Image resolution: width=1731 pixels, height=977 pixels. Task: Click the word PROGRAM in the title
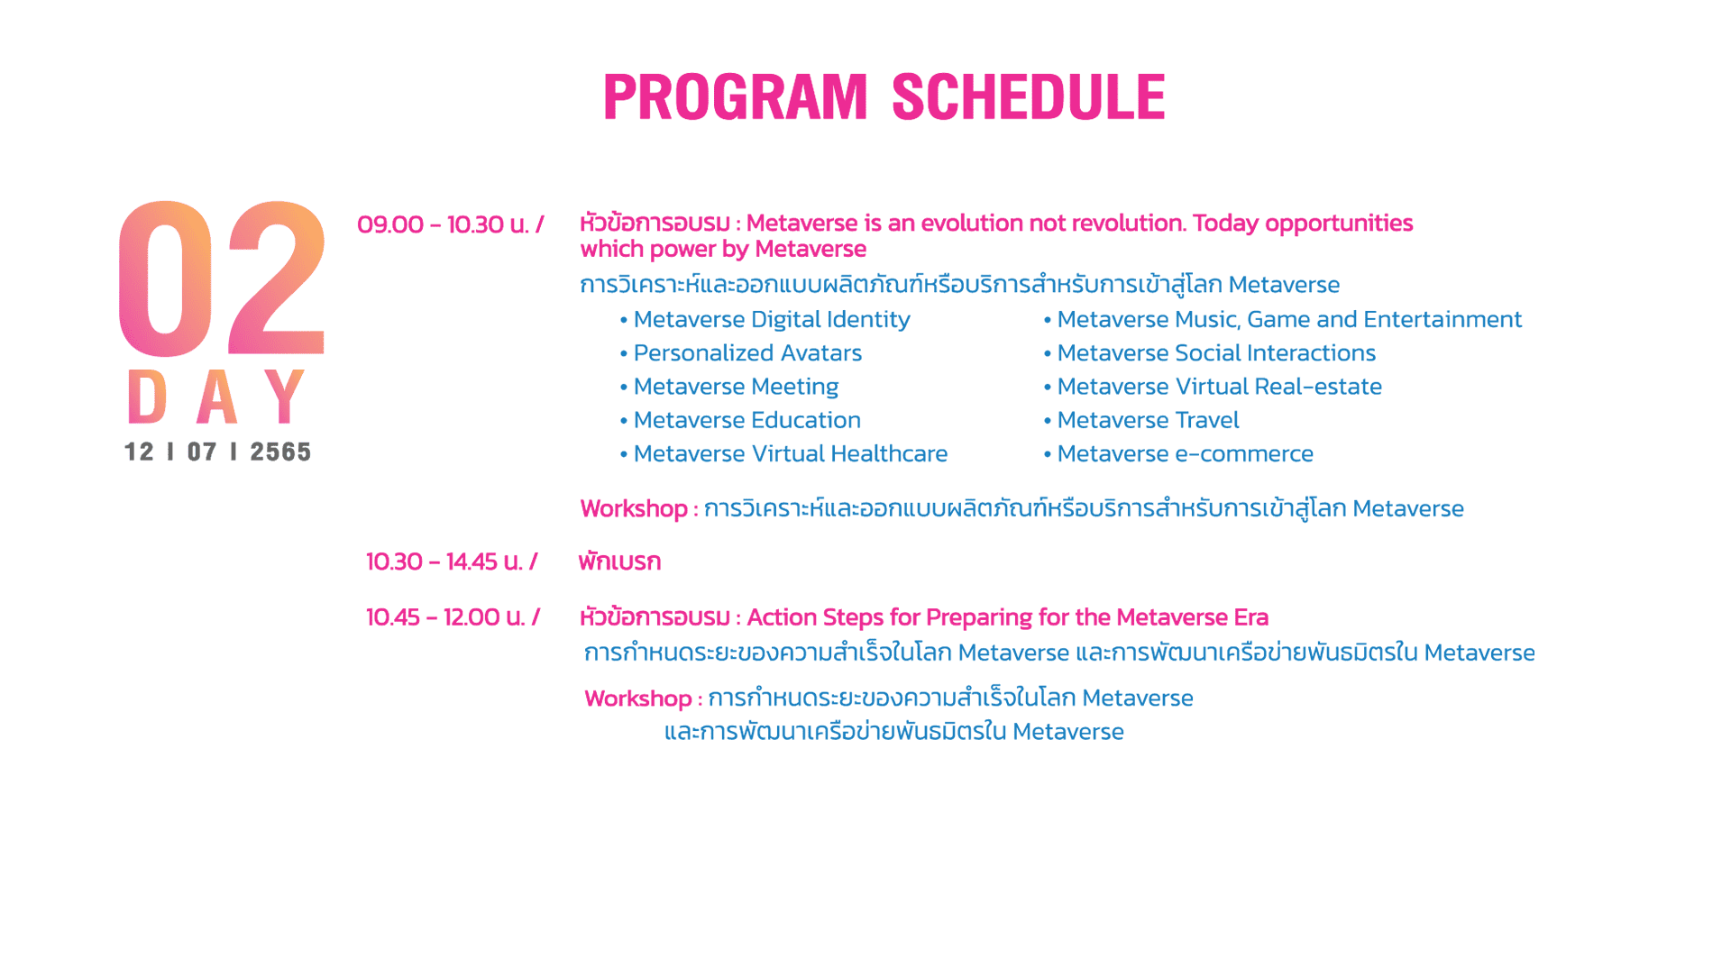point(735,97)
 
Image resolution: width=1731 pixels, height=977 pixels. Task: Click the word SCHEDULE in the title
point(1029,97)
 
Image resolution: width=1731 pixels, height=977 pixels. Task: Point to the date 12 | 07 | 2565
point(217,452)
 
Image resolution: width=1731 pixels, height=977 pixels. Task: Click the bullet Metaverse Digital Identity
point(771,320)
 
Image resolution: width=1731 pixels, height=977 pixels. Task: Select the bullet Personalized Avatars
point(747,353)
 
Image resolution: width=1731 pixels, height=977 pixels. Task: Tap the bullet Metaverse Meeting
point(736,387)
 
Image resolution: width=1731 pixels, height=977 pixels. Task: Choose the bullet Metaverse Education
point(746,420)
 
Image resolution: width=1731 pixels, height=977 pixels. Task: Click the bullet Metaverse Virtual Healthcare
point(790,453)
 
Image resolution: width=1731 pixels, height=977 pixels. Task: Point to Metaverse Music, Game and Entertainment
point(1289,320)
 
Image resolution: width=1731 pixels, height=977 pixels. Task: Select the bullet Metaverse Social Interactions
point(1216,353)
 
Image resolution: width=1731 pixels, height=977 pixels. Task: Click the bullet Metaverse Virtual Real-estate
point(1219,387)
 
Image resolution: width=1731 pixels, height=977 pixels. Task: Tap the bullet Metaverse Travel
point(1148,420)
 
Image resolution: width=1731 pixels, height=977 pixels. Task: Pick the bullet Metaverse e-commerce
point(1185,453)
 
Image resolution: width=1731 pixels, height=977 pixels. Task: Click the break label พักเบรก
point(619,562)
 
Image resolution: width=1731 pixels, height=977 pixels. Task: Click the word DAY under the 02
point(216,397)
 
